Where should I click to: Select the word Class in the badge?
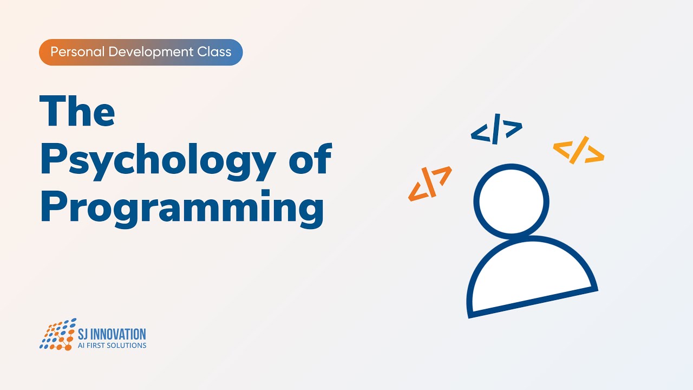click(x=216, y=53)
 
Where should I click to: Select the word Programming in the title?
click(x=182, y=207)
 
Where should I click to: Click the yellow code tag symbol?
click(x=578, y=151)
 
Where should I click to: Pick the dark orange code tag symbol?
click(x=430, y=183)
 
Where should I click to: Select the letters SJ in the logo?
click(x=84, y=334)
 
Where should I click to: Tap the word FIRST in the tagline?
click(x=97, y=345)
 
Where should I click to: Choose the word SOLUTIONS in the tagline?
click(x=128, y=345)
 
